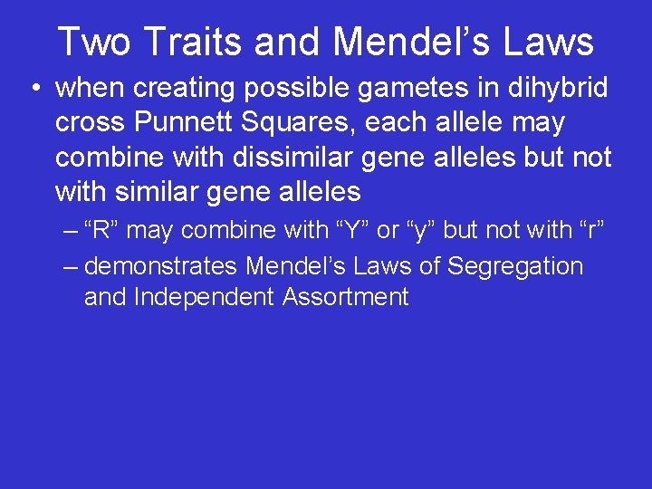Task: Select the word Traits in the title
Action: pos(189,42)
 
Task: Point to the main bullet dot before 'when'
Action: pos(33,89)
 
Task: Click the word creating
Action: pos(188,89)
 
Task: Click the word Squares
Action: pos(312,123)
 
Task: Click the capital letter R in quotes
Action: pos(101,230)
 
